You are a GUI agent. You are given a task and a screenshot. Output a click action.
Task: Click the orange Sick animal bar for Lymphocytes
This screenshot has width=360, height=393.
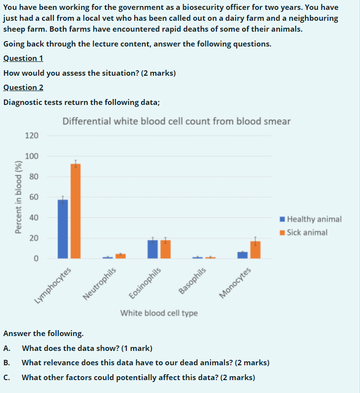[x=75, y=211]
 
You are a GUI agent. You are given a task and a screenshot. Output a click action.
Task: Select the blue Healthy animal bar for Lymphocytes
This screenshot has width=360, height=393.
[x=63, y=229]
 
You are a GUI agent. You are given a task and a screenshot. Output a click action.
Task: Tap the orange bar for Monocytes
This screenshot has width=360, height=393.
[x=256, y=249]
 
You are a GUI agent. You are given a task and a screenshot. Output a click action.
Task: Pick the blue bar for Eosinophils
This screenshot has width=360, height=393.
[x=153, y=249]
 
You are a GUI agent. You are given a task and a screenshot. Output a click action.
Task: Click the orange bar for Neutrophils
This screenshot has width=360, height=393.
[x=120, y=256]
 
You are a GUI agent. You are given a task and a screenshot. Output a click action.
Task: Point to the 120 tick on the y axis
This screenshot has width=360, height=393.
[x=32, y=135]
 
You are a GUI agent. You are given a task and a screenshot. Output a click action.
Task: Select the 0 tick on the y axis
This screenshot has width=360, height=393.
[x=36, y=258]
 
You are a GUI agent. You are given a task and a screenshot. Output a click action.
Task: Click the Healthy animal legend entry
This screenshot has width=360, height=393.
[x=310, y=219]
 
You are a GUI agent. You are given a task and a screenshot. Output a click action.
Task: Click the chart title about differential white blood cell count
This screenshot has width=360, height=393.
[x=177, y=121]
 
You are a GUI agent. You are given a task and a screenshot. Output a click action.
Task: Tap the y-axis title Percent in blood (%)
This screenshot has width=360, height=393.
[x=19, y=197]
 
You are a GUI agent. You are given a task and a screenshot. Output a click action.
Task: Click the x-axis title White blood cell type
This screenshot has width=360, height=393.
[x=159, y=313]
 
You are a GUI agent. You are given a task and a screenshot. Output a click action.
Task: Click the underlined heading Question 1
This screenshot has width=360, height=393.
[x=23, y=58]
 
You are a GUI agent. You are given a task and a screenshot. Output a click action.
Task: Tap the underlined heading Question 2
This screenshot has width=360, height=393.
[x=23, y=88]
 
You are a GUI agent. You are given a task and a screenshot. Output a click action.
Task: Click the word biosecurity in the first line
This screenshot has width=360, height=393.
[x=215, y=7]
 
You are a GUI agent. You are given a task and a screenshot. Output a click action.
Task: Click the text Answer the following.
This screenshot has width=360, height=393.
[x=43, y=333]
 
